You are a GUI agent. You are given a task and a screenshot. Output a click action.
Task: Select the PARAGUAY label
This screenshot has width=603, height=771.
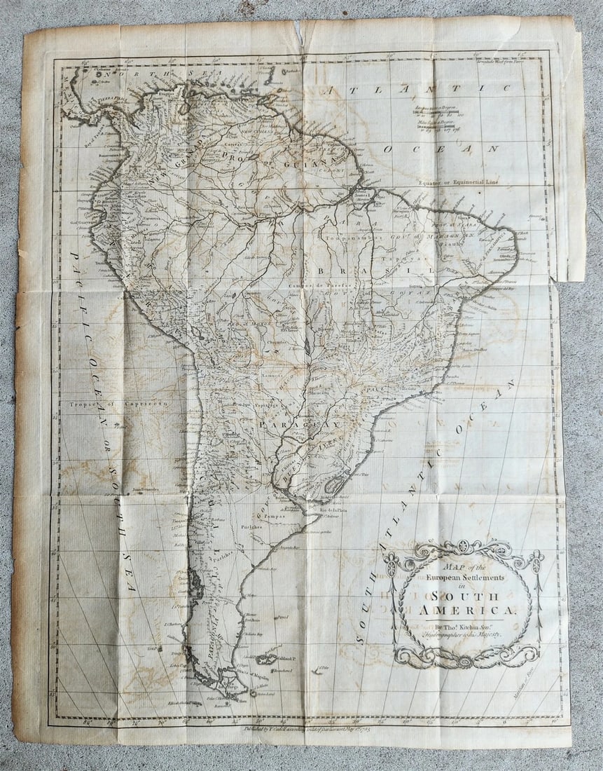[300, 425]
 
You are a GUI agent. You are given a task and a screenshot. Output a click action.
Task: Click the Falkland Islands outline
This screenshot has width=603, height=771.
[266, 659]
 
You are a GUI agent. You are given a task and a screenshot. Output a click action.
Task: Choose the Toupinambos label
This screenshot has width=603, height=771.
[359, 237]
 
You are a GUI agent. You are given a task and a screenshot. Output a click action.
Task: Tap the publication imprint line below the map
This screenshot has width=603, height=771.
[303, 728]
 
